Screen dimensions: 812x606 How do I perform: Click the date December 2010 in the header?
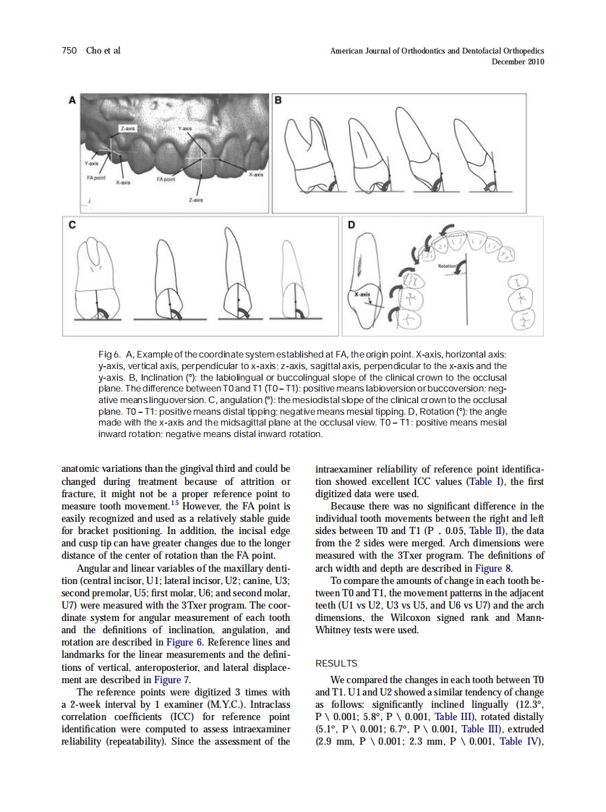tap(518, 62)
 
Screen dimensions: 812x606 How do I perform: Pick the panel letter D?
tap(351, 225)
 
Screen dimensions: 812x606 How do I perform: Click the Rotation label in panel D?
tap(447, 266)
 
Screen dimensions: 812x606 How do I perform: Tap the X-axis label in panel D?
tap(363, 295)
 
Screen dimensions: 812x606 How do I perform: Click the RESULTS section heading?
tap(338, 663)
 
